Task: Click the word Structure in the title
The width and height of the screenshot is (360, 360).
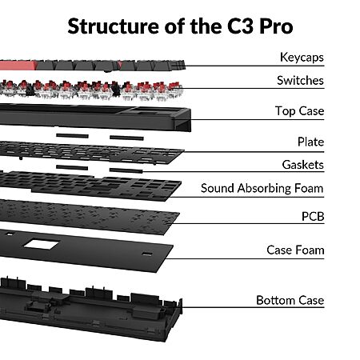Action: click(114, 26)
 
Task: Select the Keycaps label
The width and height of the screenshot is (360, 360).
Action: click(302, 58)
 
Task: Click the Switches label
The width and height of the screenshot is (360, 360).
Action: click(300, 81)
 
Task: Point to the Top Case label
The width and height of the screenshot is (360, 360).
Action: click(299, 111)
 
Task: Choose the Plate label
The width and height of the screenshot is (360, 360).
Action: click(310, 142)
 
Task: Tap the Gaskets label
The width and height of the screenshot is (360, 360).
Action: click(303, 165)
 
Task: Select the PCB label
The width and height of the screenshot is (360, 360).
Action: click(313, 216)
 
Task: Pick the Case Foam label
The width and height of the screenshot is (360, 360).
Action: click(295, 250)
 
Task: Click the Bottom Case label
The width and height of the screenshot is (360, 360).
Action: click(290, 300)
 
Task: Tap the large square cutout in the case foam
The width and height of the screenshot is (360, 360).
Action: click(42, 244)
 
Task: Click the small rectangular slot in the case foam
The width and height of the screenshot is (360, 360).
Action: click(147, 254)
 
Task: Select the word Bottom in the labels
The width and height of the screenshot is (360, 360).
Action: click(275, 300)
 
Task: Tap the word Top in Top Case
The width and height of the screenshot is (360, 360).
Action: click(285, 111)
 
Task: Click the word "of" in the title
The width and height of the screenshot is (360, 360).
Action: click(175, 26)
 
